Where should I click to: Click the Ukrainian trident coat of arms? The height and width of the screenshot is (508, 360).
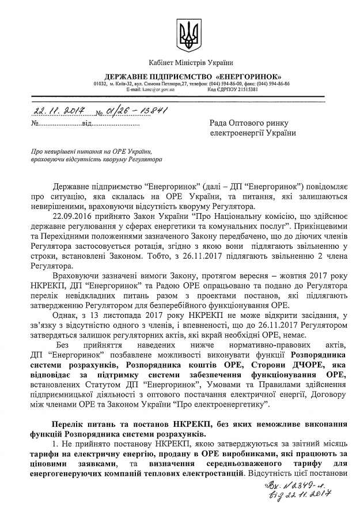click(x=187, y=35)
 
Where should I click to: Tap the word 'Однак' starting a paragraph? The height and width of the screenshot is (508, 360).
click(x=66, y=316)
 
